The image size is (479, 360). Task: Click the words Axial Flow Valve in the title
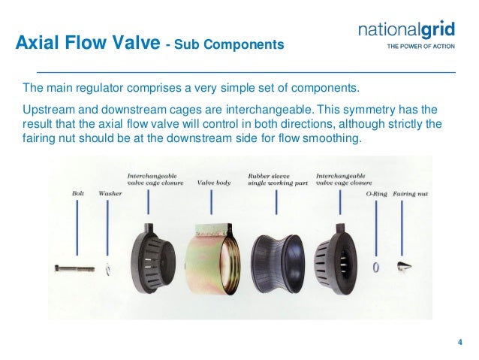coord(86,44)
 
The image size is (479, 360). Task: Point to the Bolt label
coord(78,193)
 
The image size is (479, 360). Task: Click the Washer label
coord(110,193)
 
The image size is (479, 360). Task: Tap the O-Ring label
coord(375,193)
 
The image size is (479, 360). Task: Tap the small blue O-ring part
coord(376,267)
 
